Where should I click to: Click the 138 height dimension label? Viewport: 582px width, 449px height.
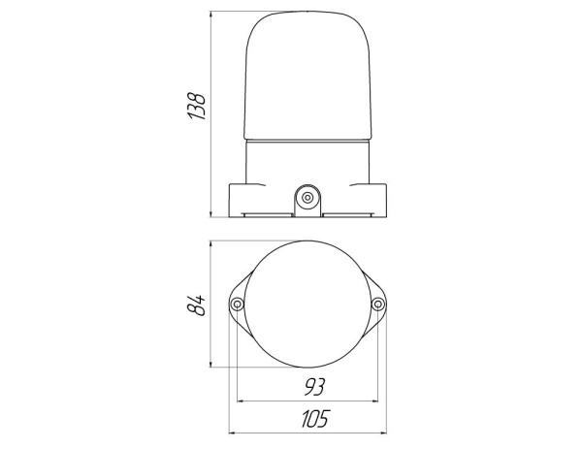coord(196,106)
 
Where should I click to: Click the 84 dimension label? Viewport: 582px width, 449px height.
coord(196,305)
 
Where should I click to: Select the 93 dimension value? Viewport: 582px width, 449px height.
coord(314,387)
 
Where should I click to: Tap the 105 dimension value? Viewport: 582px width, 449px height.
coord(314,419)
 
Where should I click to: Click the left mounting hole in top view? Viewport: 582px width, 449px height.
coord(237,305)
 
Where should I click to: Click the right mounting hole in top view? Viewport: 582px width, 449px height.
coord(378,305)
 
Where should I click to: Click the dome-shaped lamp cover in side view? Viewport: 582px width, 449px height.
coord(307,76)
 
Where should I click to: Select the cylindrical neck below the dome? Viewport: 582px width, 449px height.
coord(307,162)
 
